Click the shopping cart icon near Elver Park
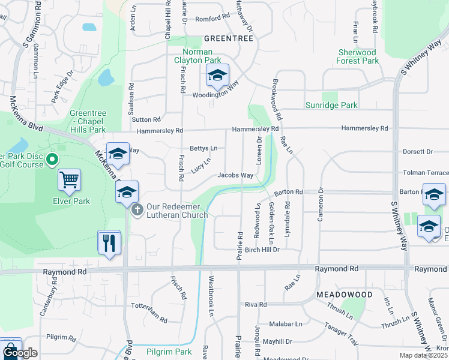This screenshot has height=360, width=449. coord(70,179)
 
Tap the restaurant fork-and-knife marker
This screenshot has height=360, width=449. coord(109,243)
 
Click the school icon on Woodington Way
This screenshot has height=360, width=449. coord(217,76)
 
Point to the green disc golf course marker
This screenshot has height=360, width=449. coord(52,160)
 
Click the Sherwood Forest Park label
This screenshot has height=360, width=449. coord(358,56)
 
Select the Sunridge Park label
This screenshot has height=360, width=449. coord(332,105)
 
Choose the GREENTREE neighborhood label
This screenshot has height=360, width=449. coord(229,38)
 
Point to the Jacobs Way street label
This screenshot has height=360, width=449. coord(235,175)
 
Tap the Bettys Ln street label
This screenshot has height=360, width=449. coord(203,148)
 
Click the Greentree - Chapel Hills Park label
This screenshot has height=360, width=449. coord(88,121)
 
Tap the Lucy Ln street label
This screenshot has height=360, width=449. coord(201,163)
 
